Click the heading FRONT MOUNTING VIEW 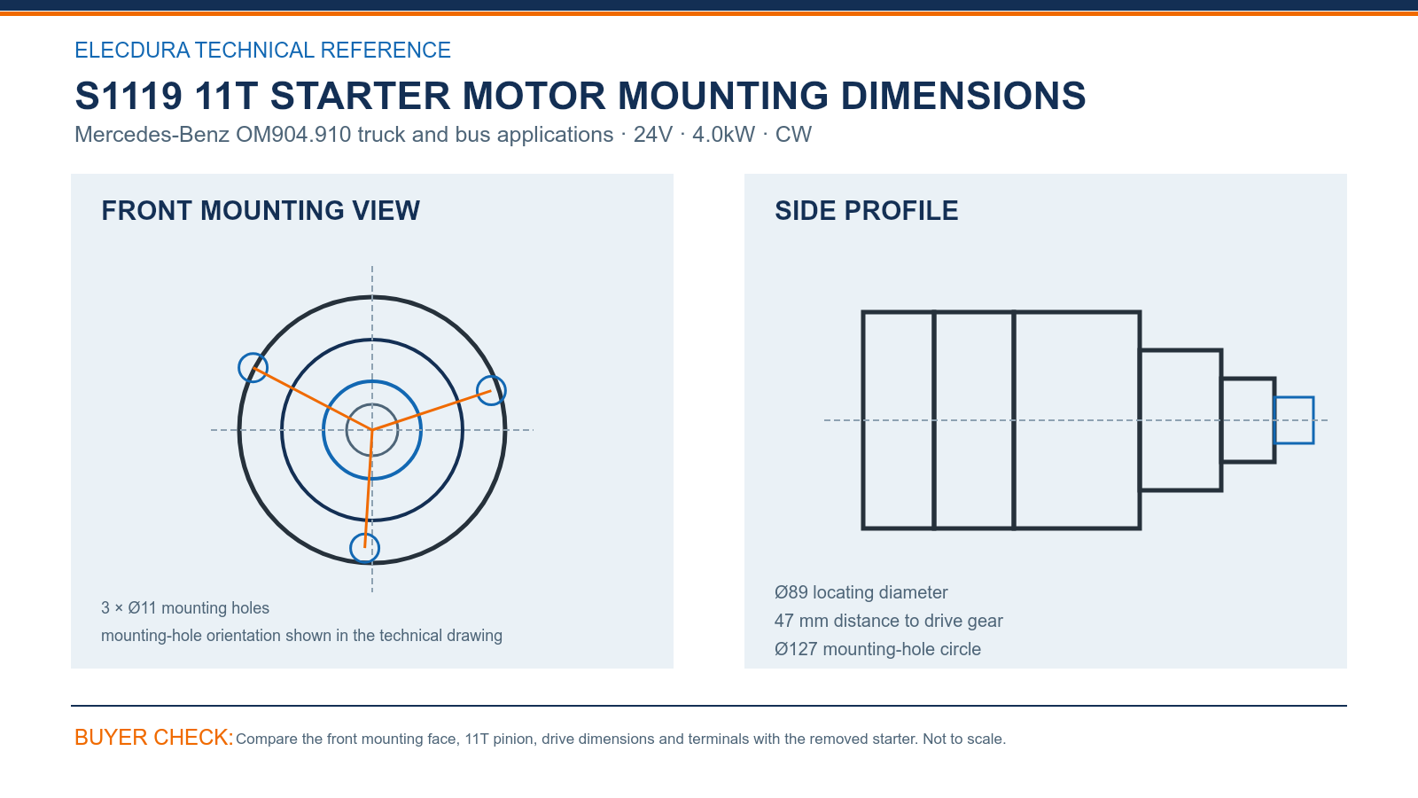pos(261,211)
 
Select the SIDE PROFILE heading pos(866,211)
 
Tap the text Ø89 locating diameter pos(861,592)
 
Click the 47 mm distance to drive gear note pos(888,621)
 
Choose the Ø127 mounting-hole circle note pos(877,649)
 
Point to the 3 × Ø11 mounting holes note pos(185,608)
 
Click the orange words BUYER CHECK pos(154,737)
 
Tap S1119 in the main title pos(129,96)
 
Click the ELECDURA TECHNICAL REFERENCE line pos(262,50)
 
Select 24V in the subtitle pos(652,134)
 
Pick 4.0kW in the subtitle pos(723,134)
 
